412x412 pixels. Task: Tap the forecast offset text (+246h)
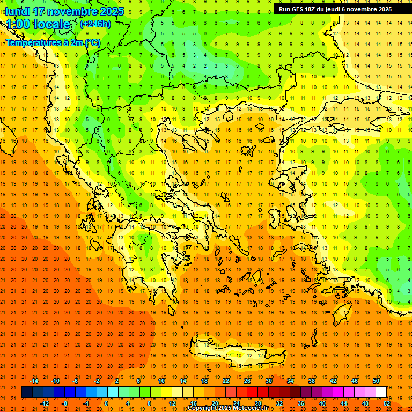(95, 24)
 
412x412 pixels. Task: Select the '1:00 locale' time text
(38, 24)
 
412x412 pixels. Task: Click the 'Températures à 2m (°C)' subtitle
(53, 42)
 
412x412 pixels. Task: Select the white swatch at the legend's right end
(381, 392)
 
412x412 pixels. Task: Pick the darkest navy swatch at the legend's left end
(27, 392)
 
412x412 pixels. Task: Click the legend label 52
(387, 403)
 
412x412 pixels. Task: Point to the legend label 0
(106, 403)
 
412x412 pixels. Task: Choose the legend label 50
(376, 381)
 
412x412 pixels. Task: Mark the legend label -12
(45, 403)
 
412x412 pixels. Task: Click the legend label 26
(247, 381)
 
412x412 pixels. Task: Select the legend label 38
(312, 381)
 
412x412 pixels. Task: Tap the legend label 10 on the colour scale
(161, 381)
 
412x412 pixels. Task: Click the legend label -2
(97, 381)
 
